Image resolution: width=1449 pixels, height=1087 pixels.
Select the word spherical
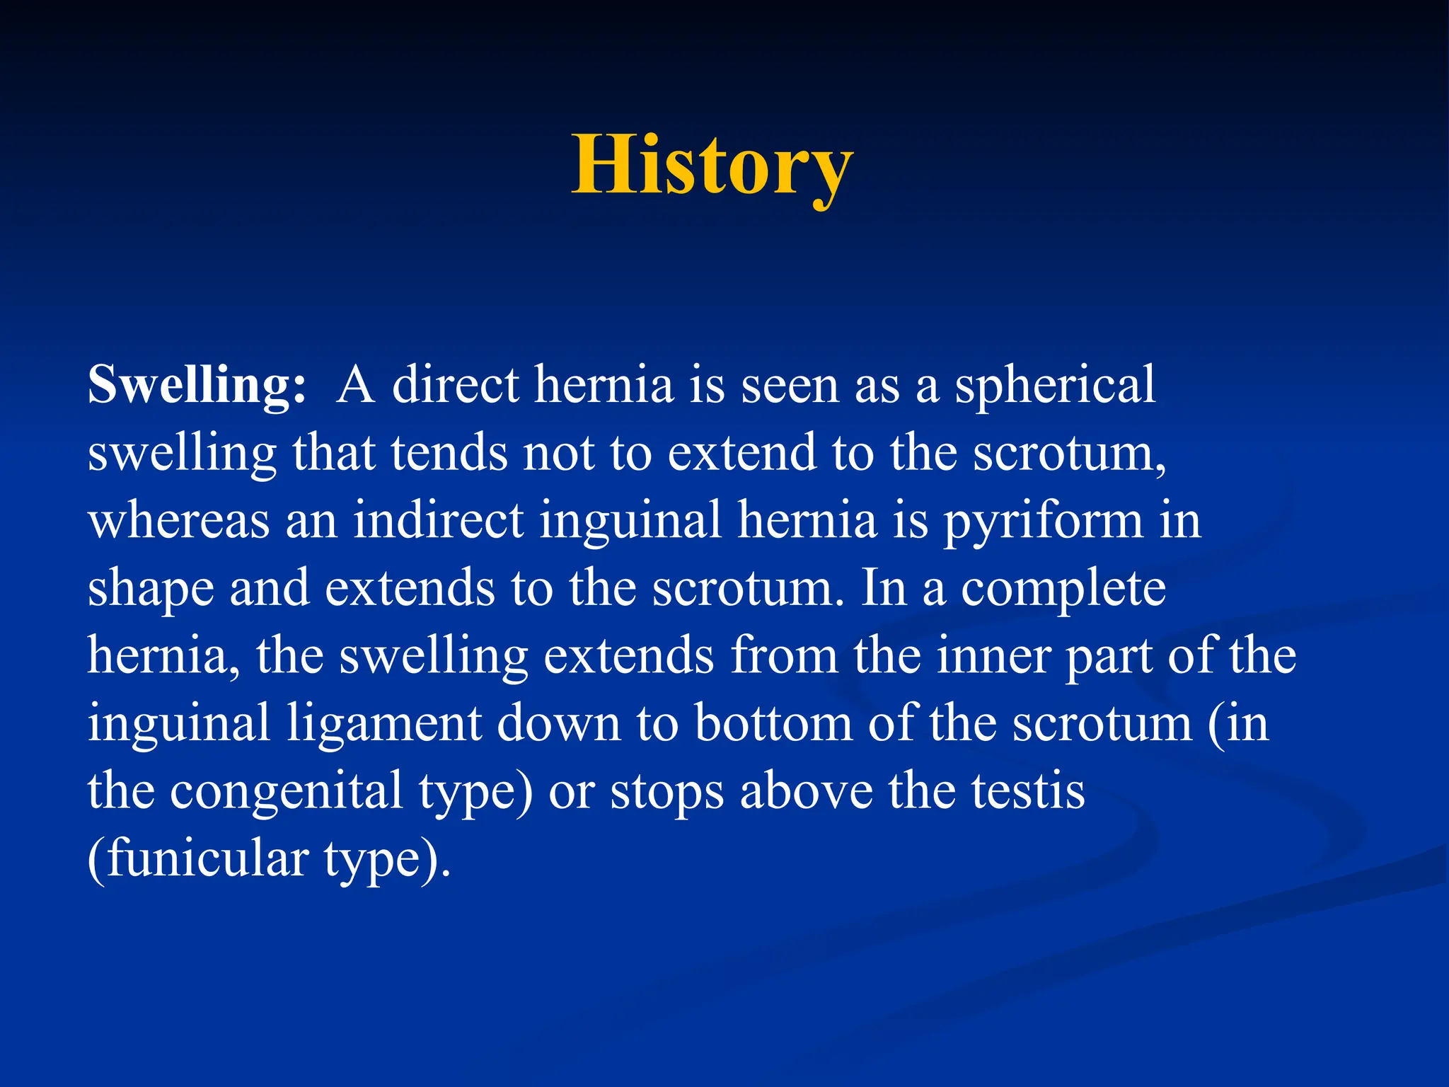pyautogui.click(x=1055, y=386)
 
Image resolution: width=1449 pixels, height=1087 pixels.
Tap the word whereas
pyautogui.click(x=178, y=521)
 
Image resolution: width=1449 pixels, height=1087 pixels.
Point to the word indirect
pyautogui.click(x=438, y=519)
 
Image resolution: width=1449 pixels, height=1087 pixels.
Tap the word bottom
pyautogui.click(x=773, y=723)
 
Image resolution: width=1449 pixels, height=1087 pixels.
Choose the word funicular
pyautogui.click(x=208, y=858)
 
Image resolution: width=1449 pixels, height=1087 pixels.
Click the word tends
pyautogui.click(x=449, y=453)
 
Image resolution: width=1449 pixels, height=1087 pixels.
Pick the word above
pyautogui.click(x=806, y=791)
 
